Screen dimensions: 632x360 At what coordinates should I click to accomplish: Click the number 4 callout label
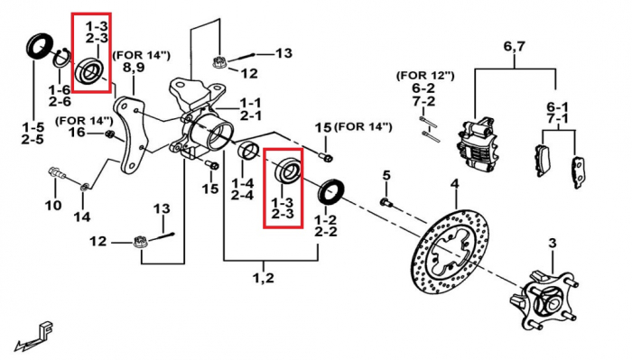(455, 184)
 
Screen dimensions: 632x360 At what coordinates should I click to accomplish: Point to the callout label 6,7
(515, 47)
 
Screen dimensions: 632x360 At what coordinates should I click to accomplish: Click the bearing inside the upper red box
(90, 71)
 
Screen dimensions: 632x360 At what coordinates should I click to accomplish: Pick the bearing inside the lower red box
(287, 171)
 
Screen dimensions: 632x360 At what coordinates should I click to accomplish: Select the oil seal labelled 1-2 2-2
(331, 192)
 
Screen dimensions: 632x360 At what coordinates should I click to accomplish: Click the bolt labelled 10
(57, 173)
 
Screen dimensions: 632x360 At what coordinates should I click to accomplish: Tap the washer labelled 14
(84, 187)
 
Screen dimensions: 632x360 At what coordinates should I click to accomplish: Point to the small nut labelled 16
(109, 134)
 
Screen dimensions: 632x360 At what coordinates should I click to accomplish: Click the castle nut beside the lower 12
(139, 243)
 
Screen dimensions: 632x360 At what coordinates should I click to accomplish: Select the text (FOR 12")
(425, 75)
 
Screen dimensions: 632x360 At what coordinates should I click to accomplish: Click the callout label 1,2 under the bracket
(264, 278)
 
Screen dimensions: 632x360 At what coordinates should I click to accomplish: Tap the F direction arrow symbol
(34, 335)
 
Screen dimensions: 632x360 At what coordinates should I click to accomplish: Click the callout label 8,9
(134, 68)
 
